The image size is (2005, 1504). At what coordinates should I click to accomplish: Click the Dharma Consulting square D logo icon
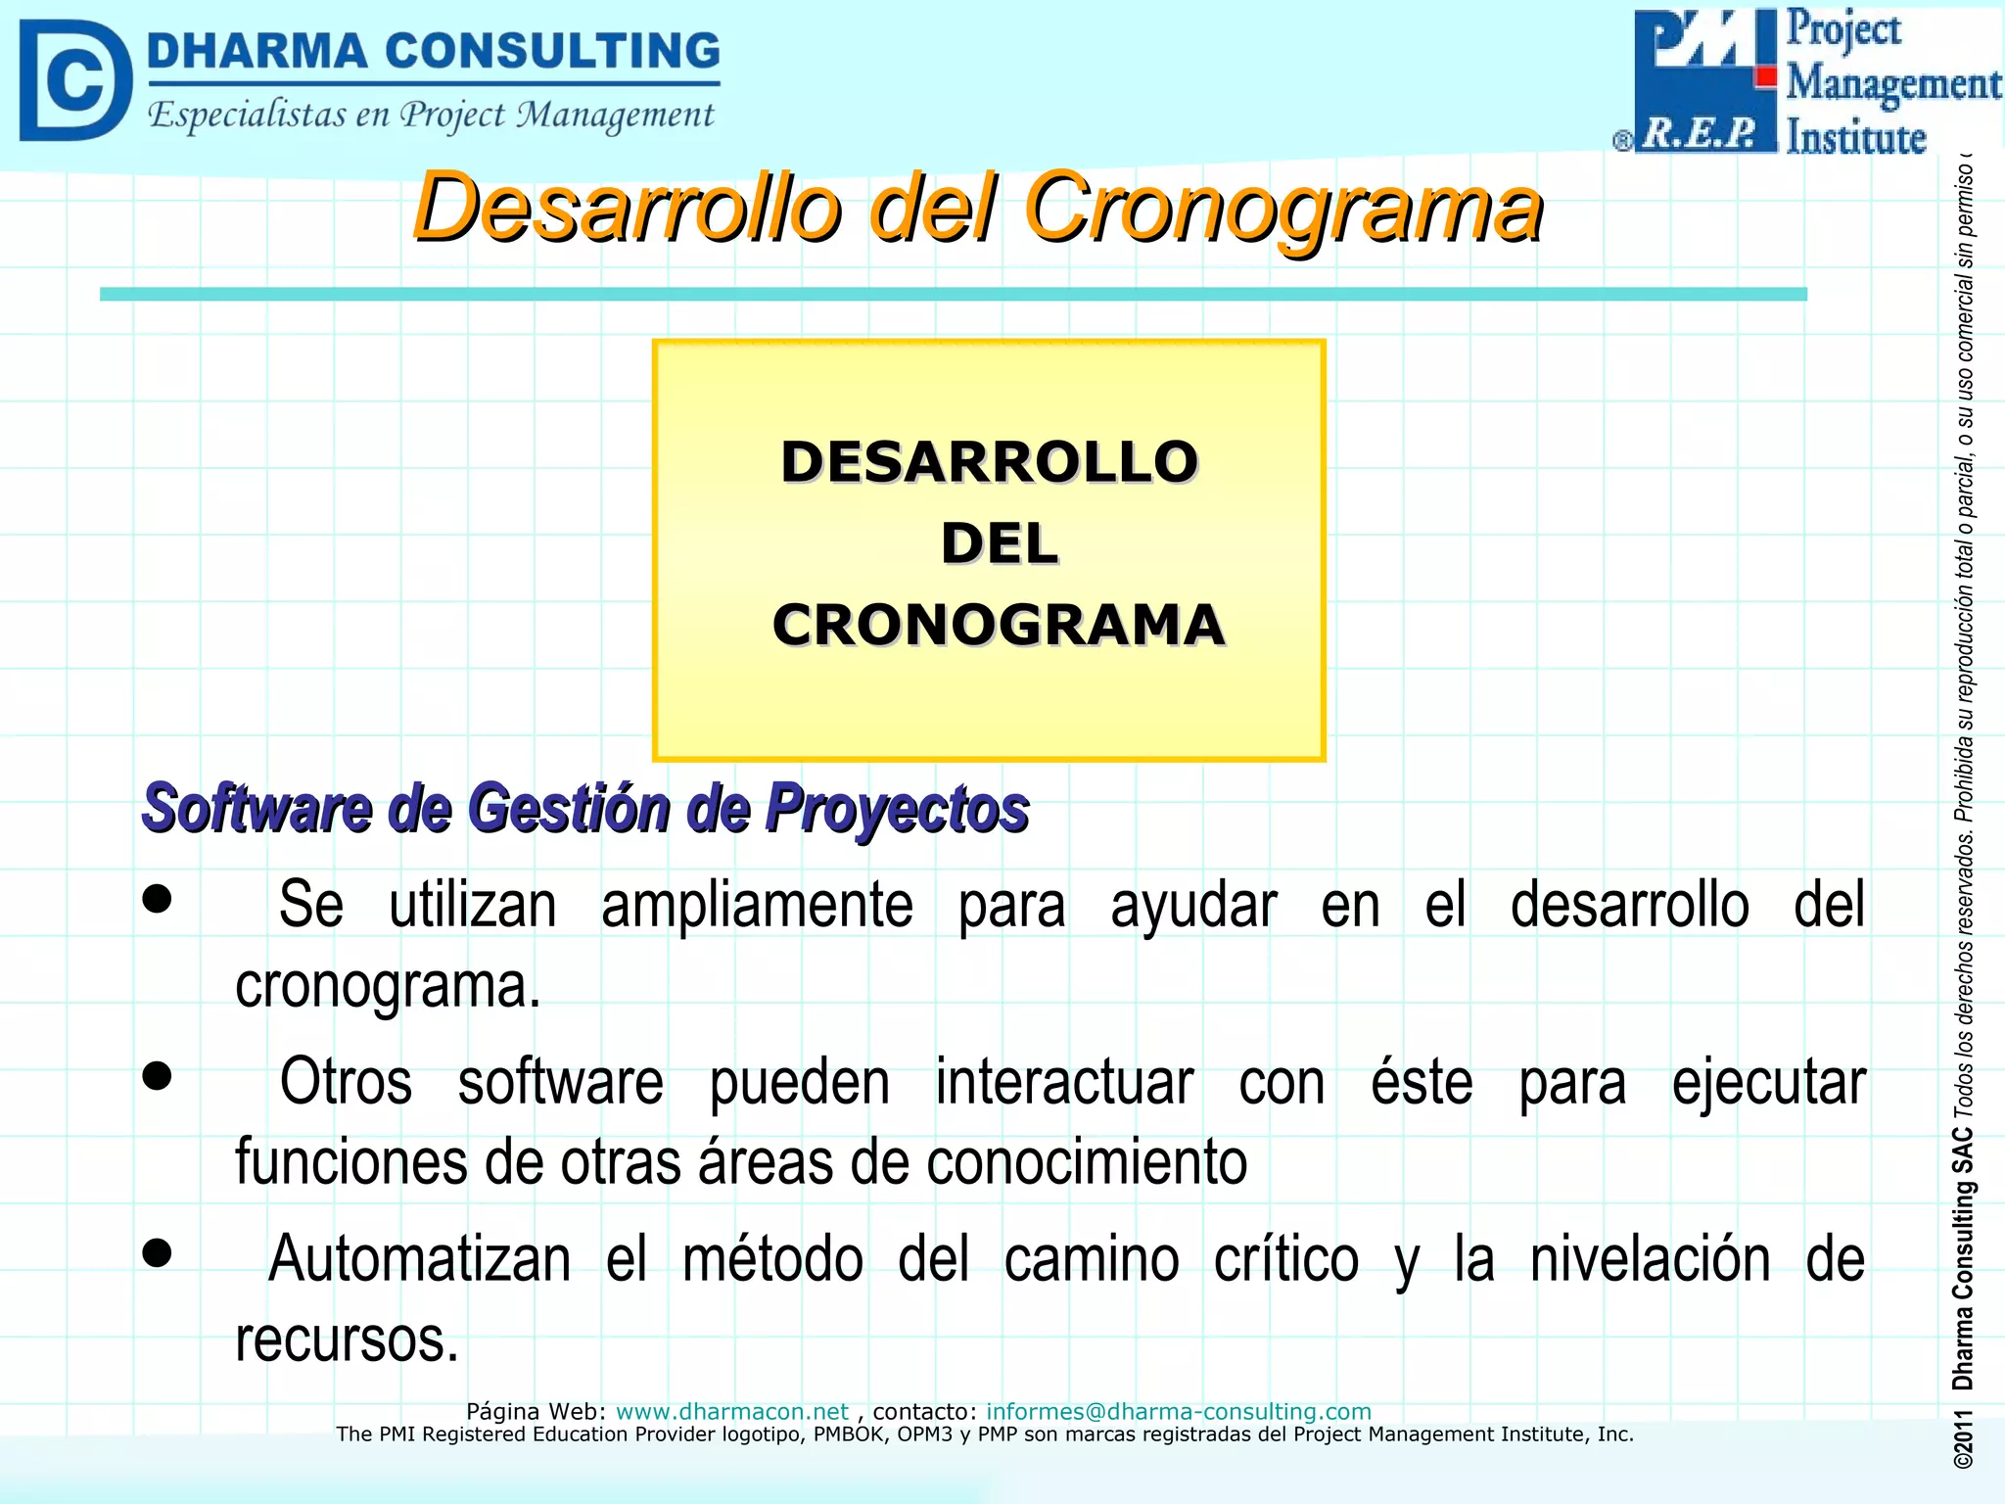(74, 81)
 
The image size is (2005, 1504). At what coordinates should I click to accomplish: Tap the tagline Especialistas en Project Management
(431, 116)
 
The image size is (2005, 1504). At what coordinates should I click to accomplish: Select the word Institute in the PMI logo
(1855, 137)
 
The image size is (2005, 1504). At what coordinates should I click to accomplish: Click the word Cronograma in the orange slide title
(1282, 208)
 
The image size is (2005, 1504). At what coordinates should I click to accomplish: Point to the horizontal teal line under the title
(953, 294)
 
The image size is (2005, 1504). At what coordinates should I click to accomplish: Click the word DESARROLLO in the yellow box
(989, 462)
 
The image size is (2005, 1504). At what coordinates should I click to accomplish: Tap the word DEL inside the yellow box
(999, 543)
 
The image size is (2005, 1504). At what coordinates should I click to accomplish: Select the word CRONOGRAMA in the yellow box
(998, 625)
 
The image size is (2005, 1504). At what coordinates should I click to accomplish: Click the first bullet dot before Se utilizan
(157, 899)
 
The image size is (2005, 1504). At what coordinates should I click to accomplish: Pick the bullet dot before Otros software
(157, 1076)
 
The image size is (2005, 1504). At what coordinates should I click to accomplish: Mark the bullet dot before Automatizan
(157, 1253)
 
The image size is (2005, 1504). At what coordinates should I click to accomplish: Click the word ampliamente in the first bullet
(757, 905)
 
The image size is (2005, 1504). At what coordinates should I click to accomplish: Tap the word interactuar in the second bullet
(1064, 1083)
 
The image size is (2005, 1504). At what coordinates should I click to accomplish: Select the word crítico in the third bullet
(1286, 1259)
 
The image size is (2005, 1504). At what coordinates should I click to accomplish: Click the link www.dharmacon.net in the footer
(731, 1411)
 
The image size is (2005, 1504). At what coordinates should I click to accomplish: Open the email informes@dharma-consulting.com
(1178, 1411)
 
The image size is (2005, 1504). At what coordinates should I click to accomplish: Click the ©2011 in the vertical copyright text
(1963, 1439)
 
